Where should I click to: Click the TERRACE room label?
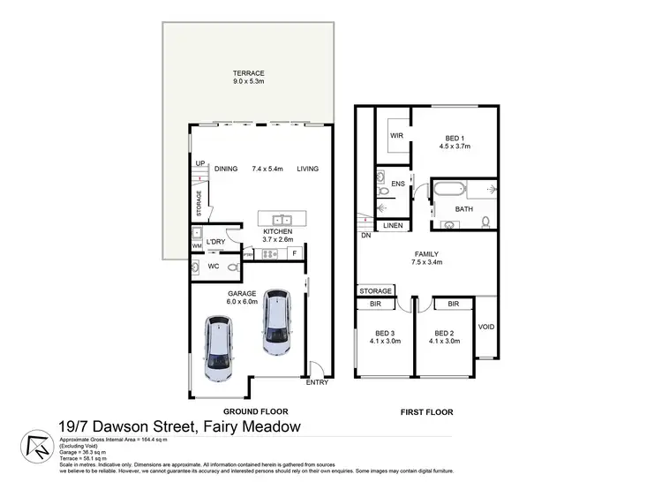click(250, 73)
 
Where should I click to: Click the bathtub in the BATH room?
click(449, 189)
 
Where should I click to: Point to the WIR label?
click(396, 136)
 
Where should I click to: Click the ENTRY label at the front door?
click(316, 382)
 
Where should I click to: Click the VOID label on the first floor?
click(486, 327)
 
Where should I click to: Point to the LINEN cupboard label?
click(393, 226)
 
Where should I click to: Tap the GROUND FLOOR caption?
click(256, 411)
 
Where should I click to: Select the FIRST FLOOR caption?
click(426, 411)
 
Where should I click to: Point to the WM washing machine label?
click(197, 246)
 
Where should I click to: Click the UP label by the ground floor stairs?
click(200, 163)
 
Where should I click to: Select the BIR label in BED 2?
click(453, 305)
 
